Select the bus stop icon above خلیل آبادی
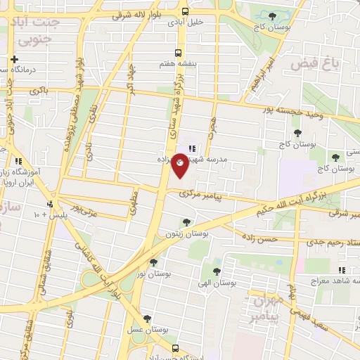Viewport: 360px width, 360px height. (x=185, y=12)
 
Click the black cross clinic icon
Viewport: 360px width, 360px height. (x=13, y=60)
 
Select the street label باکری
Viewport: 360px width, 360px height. (x=39, y=91)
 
